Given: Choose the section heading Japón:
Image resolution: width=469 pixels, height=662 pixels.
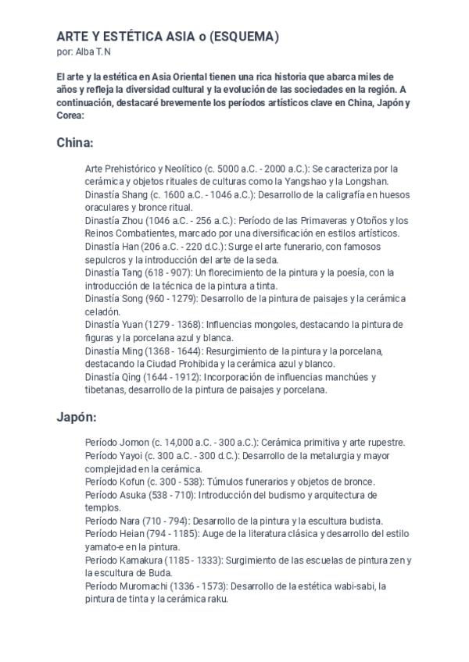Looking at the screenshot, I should click(77, 418).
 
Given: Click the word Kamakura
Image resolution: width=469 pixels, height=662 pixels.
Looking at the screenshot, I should click(142, 561).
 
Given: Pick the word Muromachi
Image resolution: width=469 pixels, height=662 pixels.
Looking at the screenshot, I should click(145, 586).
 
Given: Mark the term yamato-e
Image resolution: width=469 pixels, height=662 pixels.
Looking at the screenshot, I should click(104, 547).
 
